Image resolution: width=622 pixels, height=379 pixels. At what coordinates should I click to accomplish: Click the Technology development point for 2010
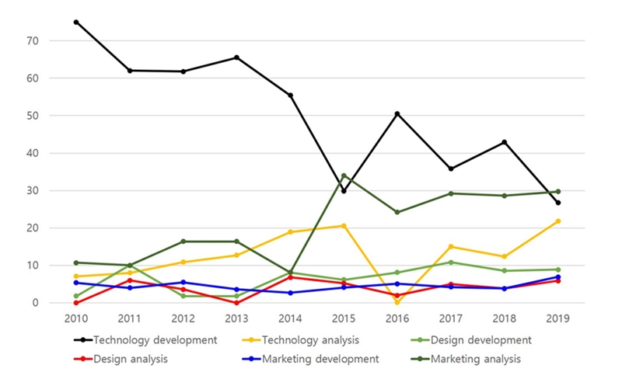(x=76, y=22)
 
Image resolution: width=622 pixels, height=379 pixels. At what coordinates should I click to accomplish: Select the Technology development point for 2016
(x=397, y=113)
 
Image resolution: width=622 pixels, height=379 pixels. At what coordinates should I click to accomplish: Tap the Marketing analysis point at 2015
(x=344, y=176)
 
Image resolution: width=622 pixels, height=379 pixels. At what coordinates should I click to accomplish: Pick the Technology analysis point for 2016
(x=397, y=302)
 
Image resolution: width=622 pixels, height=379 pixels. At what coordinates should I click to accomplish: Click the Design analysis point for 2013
(x=236, y=302)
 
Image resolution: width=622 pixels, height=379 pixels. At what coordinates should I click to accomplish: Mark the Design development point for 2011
(x=130, y=266)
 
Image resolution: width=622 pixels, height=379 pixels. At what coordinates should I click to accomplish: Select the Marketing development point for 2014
(x=290, y=293)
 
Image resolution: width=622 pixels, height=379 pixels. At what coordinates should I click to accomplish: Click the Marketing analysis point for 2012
(x=183, y=242)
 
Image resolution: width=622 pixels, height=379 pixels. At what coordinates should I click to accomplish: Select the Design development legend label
(x=480, y=339)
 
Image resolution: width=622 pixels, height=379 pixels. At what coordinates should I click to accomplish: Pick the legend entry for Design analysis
(x=129, y=359)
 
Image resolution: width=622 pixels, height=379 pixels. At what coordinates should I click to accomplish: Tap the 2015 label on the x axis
(x=344, y=318)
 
